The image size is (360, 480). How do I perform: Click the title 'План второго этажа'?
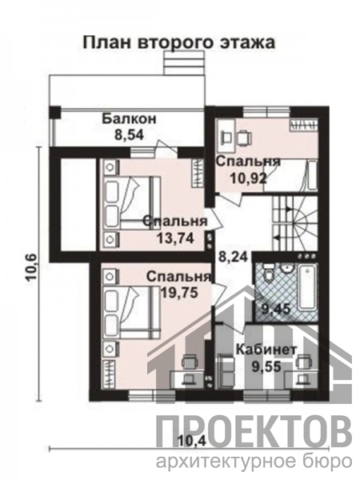coord(179,43)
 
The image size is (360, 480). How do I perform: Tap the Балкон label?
coord(129,118)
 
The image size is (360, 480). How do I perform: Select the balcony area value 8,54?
coord(129,134)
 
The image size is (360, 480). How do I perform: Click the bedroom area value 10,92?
coord(248,178)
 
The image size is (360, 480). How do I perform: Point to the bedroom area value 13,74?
coord(175,238)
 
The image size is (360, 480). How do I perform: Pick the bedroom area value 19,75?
coord(179,293)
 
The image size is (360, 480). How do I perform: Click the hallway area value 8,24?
coord(233,257)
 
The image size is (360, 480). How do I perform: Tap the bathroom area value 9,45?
coord(275,309)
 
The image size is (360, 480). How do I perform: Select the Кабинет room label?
coord(267,350)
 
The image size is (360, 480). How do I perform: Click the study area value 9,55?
coord(266,366)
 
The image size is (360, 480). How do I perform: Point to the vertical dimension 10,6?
coord(32,267)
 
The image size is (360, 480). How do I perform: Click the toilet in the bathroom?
coord(269,274)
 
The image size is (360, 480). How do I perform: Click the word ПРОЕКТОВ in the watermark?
coord(254,429)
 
